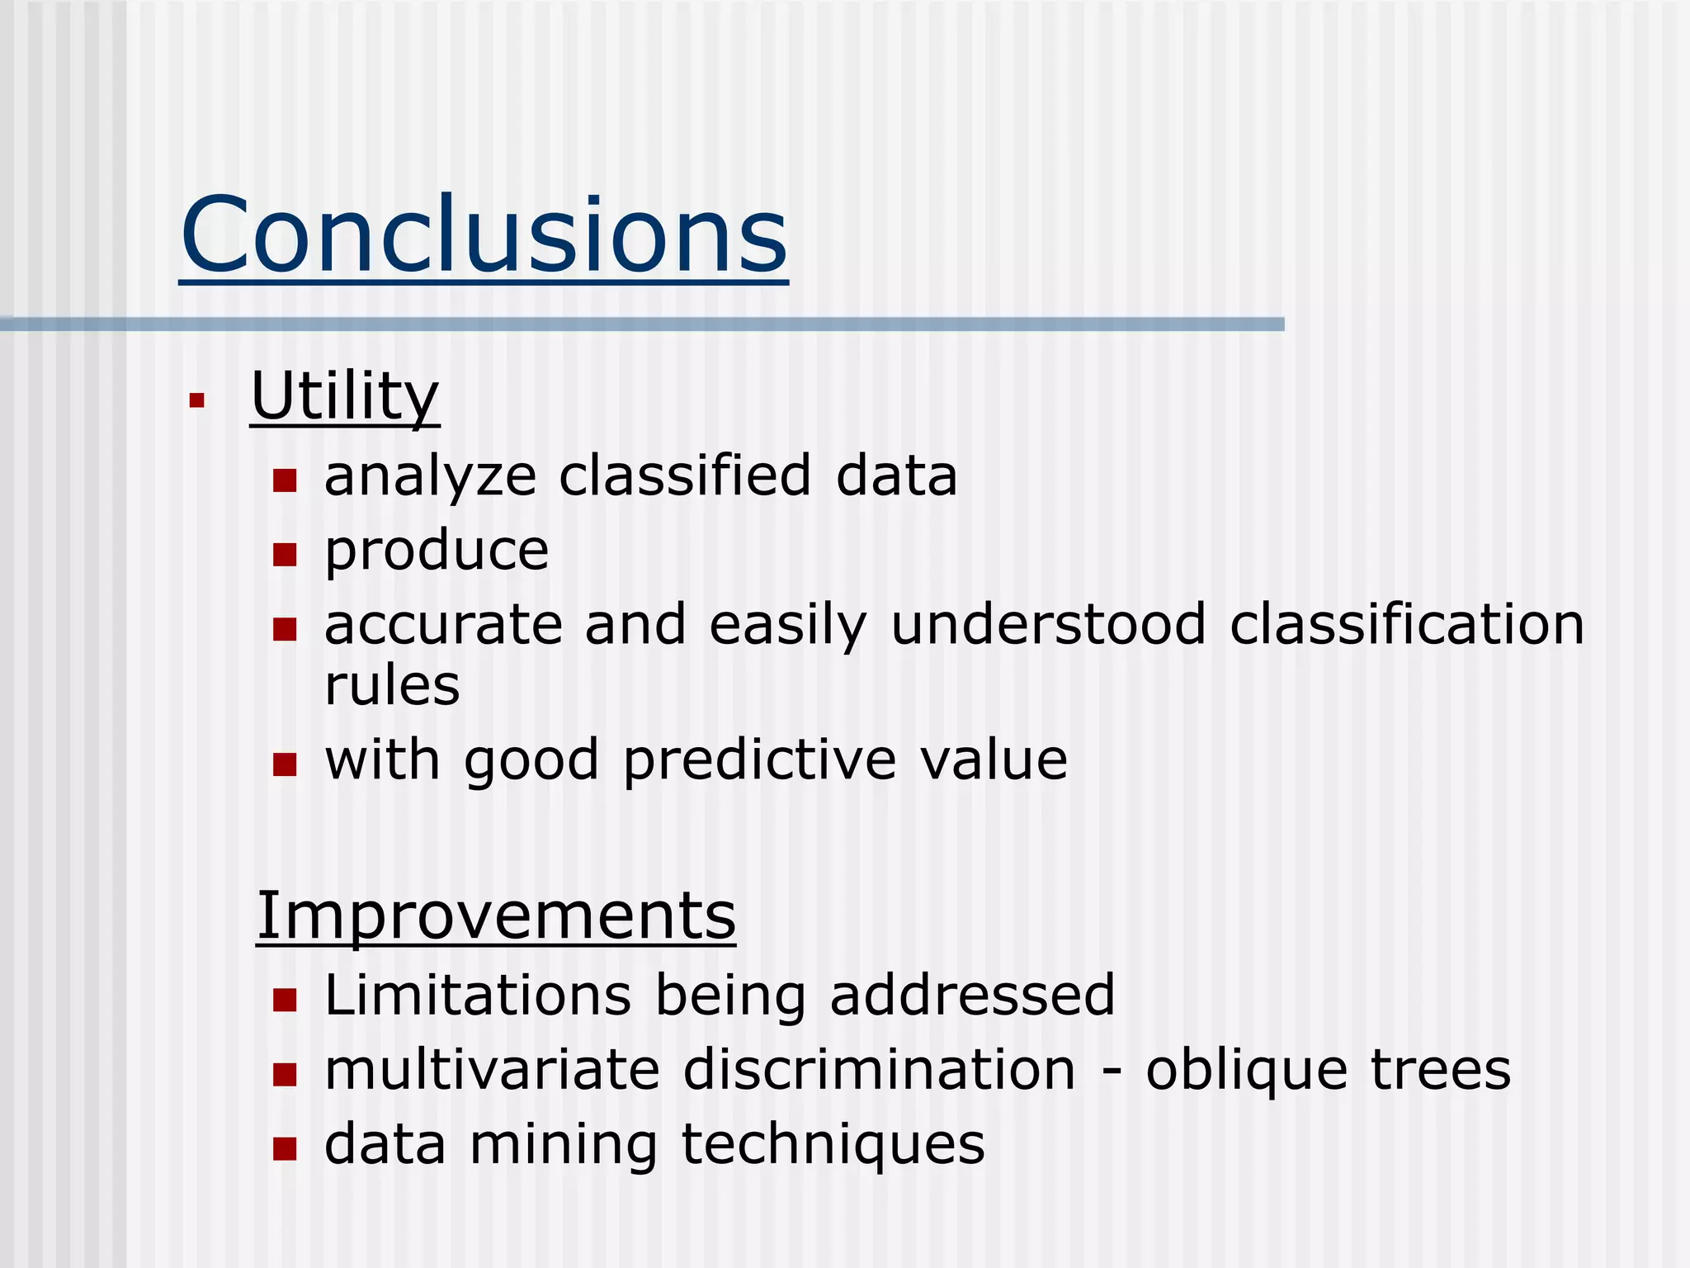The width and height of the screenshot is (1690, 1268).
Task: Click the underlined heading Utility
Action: coord(344,396)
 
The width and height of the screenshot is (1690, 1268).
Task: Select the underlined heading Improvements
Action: coord(495,916)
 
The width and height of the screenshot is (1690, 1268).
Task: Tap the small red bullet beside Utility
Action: coord(196,401)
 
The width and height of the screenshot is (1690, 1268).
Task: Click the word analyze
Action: coord(430,478)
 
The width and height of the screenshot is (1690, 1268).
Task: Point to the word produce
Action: coord(437,551)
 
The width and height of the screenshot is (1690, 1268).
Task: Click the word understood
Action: coord(1049,624)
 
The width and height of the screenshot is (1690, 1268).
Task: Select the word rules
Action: coord(392,685)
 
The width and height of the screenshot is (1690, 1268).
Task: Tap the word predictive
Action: coord(759,761)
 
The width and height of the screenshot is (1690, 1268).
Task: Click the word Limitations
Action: coord(478,995)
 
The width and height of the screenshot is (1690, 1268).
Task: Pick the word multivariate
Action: coord(493,1070)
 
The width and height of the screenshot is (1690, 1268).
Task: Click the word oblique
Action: coord(1247,1072)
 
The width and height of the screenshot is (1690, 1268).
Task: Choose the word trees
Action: coord(1441,1070)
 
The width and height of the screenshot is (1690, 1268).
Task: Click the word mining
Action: coord(564,1146)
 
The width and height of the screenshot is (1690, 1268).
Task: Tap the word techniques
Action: coord(833,1146)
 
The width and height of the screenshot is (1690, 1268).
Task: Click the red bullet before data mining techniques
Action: coord(285,1149)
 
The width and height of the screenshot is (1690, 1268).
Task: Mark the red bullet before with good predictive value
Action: coord(285,764)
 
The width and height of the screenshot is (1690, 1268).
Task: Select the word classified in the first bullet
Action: coord(685,476)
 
